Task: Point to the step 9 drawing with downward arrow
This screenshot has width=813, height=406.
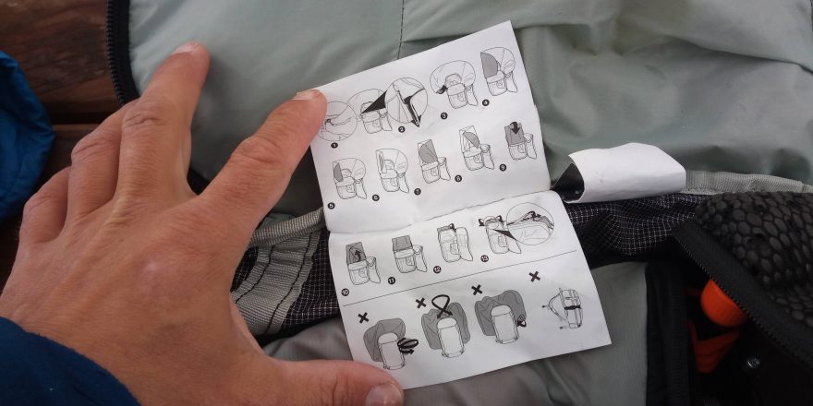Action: coord(520,140)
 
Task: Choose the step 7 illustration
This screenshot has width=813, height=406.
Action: coord(432,159)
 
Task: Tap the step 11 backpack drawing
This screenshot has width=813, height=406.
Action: coord(406,252)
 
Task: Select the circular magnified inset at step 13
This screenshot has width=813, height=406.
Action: coord(530,224)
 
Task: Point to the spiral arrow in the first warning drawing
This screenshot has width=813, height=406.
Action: coord(407,345)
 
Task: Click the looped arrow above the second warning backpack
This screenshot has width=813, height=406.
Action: coord(446,304)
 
